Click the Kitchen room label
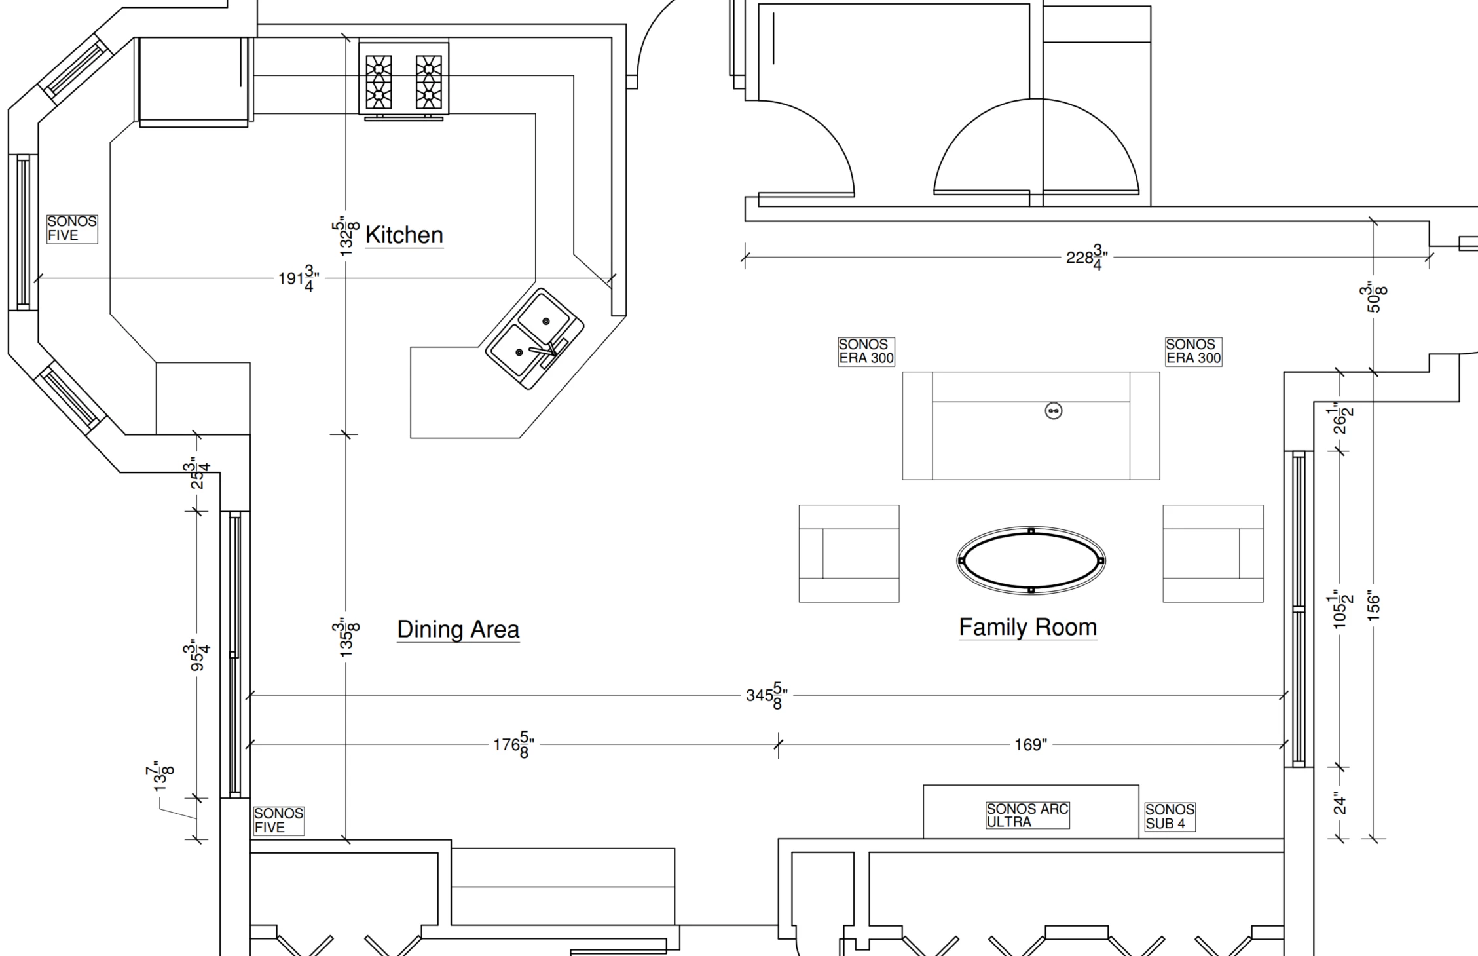[x=404, y=235]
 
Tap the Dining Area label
[x=458, y=629]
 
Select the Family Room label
[x=1028, y=627]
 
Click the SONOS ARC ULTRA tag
[x=1027, y=816]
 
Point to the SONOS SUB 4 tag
[x=1170, y=817]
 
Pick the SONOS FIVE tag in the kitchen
[x=72, y=229]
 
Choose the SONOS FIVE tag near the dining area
[x=279, y=820]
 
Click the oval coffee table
[x=1031, y=560]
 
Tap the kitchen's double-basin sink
[x=534, y=339]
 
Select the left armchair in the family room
[x=849, y=553]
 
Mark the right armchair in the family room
[x=1213, y=553]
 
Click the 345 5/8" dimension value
[x=766, y=695]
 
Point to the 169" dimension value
[x=1031, y=744]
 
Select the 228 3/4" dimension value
[x=1087, y=257]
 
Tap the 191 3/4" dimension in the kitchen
[x=299, y=278]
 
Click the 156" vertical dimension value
[x=1374, y=607]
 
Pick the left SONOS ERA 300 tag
[x=866, y=351]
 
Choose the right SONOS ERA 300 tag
[x=1193, y=351]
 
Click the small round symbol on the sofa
[x=1053, y=411]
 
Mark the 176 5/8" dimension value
[x=514, y=744]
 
